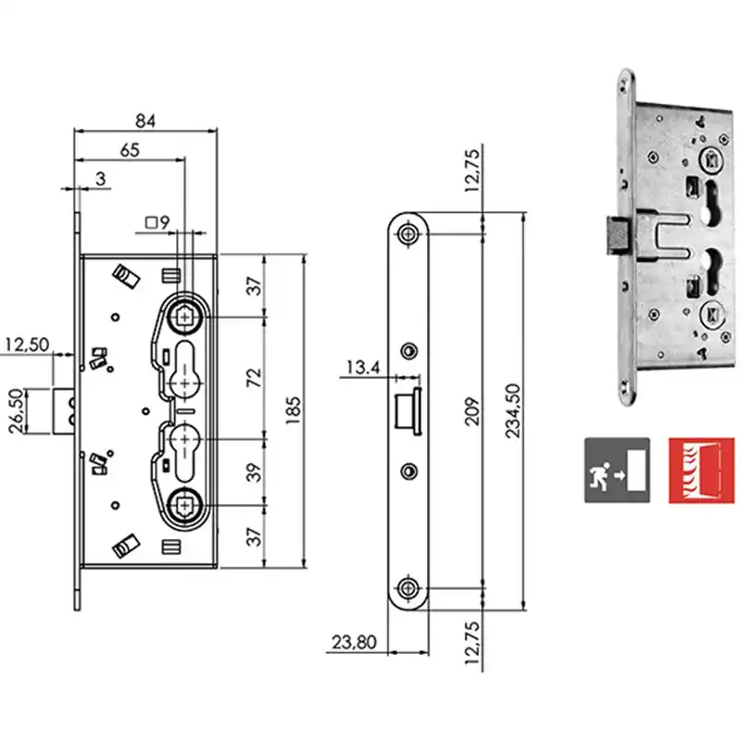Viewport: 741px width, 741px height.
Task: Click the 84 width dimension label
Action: [145, 120]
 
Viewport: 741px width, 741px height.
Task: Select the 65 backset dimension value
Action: [130, 150]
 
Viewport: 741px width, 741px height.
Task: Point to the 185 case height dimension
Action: [293, 409]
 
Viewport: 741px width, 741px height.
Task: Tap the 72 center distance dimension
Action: [254, 377]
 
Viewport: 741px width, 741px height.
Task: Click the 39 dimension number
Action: [254, 472]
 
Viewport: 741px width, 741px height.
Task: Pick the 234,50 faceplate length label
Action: [512, 410]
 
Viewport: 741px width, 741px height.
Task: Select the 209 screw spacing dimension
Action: [471, 412]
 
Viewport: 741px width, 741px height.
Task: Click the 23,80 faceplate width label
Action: [354, 642]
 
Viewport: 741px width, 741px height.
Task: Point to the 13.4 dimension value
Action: [363, 367]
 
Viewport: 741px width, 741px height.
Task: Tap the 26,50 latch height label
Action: [16, 411]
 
